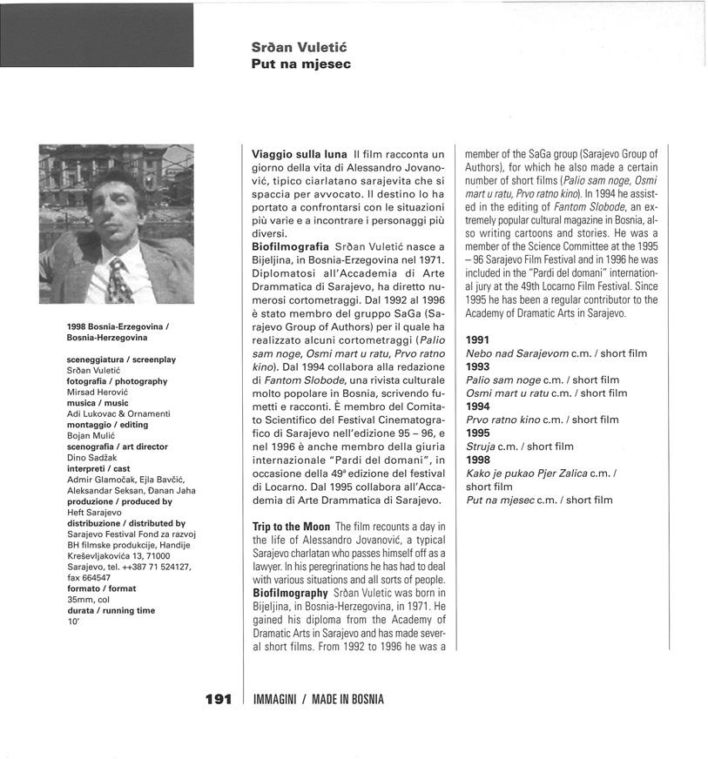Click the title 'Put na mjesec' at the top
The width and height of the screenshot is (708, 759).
click(300, 64)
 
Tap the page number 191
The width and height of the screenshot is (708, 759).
click(218, 699)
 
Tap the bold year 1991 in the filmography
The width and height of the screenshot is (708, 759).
click(478, 339)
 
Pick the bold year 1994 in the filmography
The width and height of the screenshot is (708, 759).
click(478, 406)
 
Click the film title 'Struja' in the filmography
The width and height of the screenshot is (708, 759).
click(481, 447)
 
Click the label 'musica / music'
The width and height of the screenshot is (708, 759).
click(98, 403)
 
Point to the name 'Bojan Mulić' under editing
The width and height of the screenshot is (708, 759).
click(92, 435)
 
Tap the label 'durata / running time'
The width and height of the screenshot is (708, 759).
click(111, 610)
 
